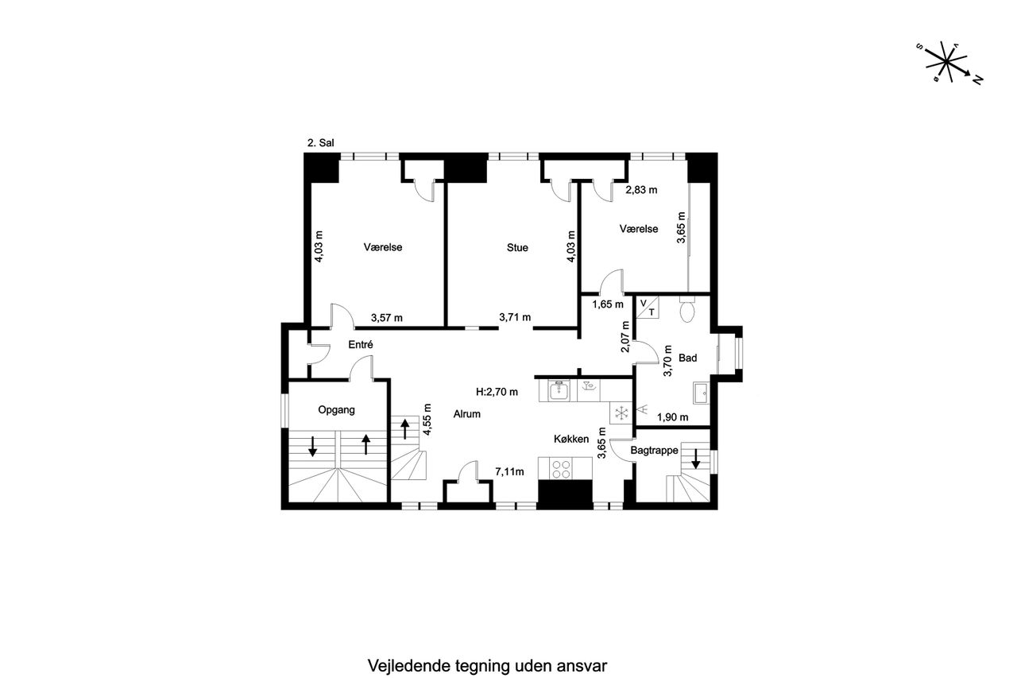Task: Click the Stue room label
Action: click(517, 247)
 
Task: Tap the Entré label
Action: click(361, 345)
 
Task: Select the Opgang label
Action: click(336, 410)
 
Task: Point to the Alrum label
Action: click(466, 414)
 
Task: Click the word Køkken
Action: click(571, 439)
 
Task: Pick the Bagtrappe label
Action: click(654, 451)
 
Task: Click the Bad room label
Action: click(687, 358)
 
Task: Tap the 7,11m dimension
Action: click(509, 472)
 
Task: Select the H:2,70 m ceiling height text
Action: click(497, 392)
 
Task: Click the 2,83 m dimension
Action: click(641, 190)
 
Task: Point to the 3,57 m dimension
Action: click(386, 318)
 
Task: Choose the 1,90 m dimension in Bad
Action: click(672, 417)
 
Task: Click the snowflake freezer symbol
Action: click(621, 413)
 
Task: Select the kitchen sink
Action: click(559, 390)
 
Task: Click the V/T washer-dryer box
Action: click(648, 308)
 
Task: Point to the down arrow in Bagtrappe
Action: click(695, 459)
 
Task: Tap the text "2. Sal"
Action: click(320, 143)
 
